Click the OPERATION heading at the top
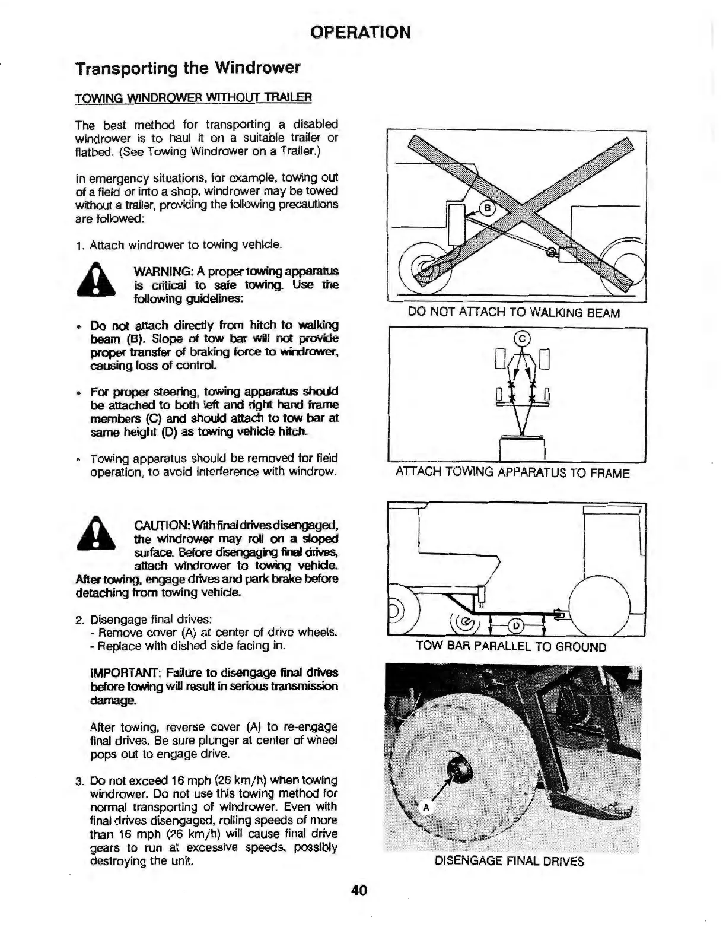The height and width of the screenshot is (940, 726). (x=361, y=31)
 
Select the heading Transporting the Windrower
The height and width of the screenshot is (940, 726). (x=188, y=68)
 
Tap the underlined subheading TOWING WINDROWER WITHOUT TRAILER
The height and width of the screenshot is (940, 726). (x=193, y=97)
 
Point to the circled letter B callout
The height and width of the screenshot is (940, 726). (x=487, y=208)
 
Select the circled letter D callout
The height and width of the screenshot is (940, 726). (x=515, y=625)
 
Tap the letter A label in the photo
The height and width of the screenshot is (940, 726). (x=425, y=807)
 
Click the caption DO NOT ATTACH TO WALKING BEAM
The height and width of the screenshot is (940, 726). (x=514, y=313)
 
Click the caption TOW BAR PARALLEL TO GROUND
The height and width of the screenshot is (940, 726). (x=511, y=646)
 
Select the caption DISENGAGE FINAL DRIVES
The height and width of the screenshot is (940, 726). (x=510, y=861)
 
